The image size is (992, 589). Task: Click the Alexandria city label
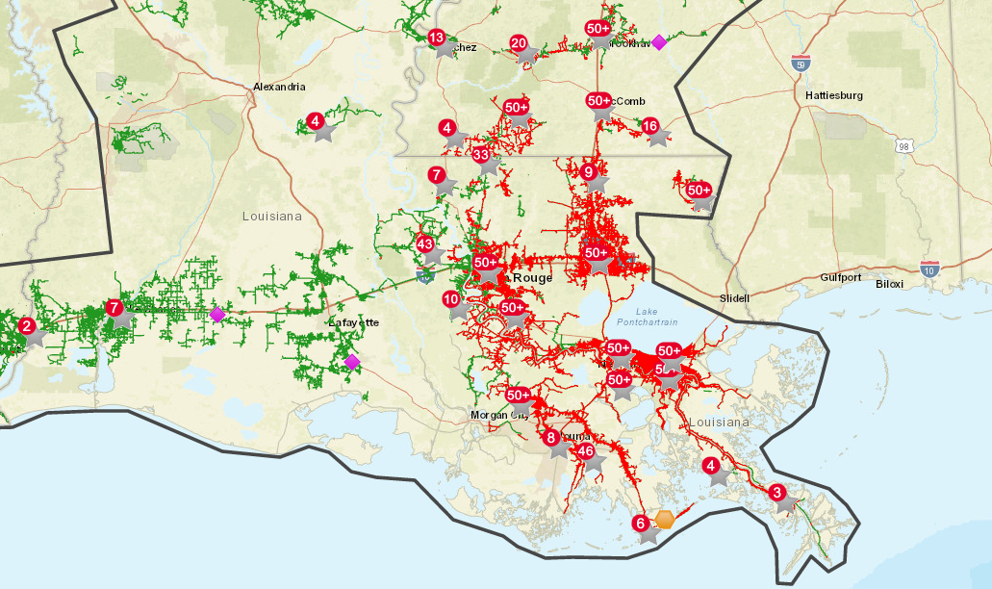click(279, 87)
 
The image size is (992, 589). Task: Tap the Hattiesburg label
click(833, 96)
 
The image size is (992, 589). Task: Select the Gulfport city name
click(841, 277)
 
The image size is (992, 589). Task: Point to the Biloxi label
click(890, 284)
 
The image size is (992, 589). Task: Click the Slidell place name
click(734, 298)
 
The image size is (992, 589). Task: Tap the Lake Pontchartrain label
click(640, 317)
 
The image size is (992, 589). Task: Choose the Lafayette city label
click(354, 322)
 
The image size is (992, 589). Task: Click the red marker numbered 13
click(436, 38)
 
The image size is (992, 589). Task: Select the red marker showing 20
click(519, 43)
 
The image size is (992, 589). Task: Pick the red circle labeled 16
click(650, 126)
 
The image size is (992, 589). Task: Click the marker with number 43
click(425, 244)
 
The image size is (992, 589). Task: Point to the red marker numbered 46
click(585, 450)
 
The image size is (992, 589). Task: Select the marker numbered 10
click(451, 299)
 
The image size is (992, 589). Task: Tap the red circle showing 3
click(776, 492)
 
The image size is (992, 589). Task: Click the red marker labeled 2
click(26, 325)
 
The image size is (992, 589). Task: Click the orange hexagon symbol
click(665, 520)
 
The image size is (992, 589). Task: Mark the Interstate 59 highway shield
click(801, 64)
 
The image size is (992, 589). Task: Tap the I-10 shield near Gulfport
click(929, 269)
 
